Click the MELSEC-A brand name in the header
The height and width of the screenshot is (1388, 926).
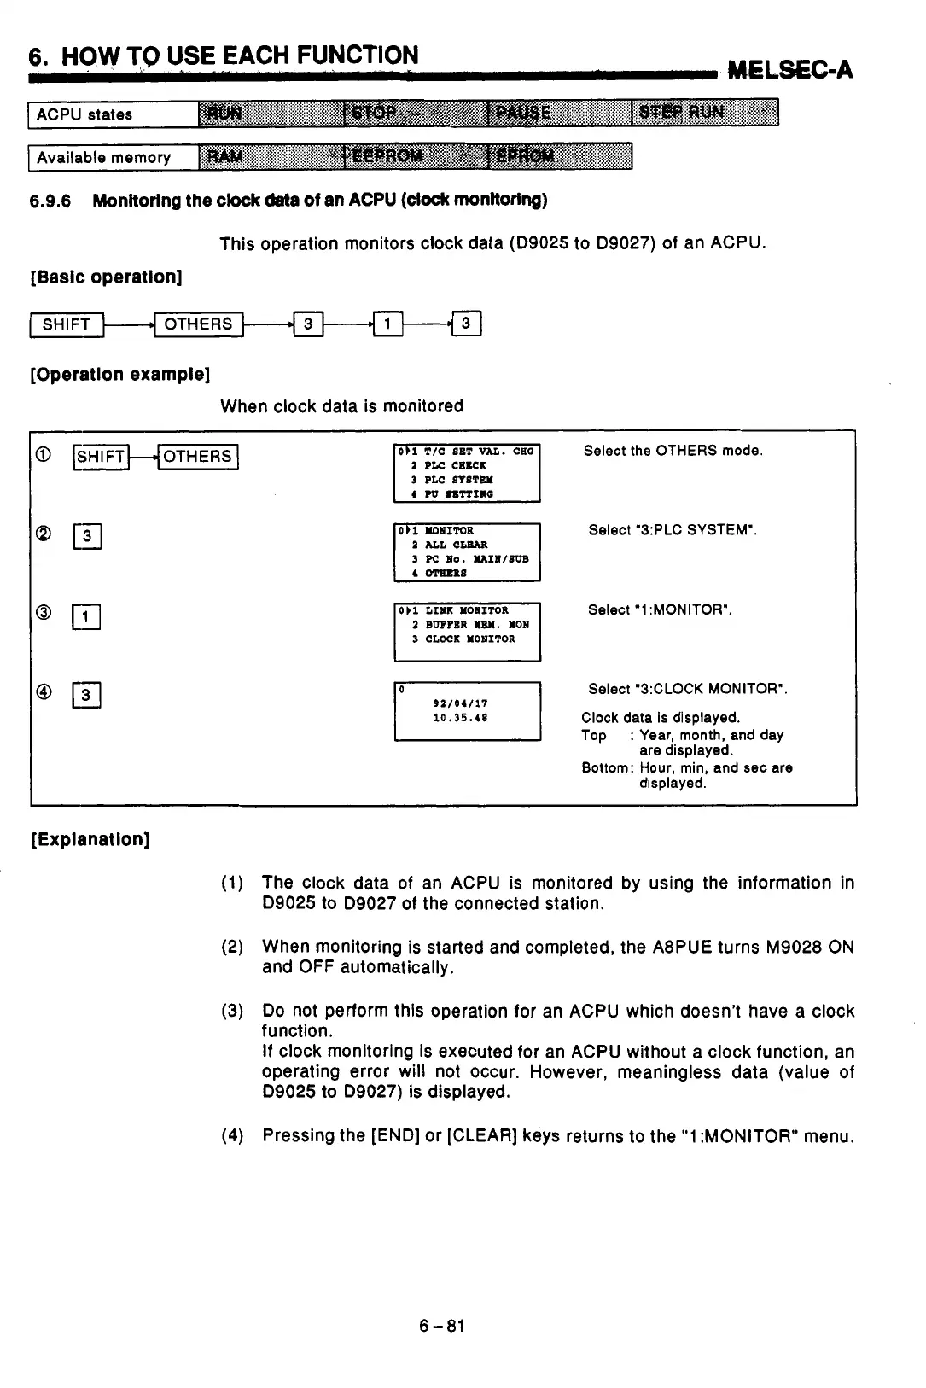(x=789, y=69)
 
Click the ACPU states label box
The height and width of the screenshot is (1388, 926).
(x=113, y=114)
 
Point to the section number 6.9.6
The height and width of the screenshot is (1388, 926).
(x=50, y=201)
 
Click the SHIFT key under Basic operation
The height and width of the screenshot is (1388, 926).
(x=67, y=324)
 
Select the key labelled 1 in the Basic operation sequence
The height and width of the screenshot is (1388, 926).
(x=388, y=324)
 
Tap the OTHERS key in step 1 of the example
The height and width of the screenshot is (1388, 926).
(x=198, y=457)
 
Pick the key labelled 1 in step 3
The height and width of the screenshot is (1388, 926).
(x=87, y=616)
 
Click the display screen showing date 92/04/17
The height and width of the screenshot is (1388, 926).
(x=467, y=710)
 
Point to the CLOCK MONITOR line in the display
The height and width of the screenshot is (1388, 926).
(x=470, y=639)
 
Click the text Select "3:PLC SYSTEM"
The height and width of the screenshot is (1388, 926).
(x=673, y=530)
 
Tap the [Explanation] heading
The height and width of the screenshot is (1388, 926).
(x=90, y=839)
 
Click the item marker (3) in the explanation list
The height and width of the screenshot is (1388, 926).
(x=232, y=1012)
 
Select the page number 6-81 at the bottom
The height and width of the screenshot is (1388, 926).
(x=441, y=1326)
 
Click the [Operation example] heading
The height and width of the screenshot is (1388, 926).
(x=119, y=375)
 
